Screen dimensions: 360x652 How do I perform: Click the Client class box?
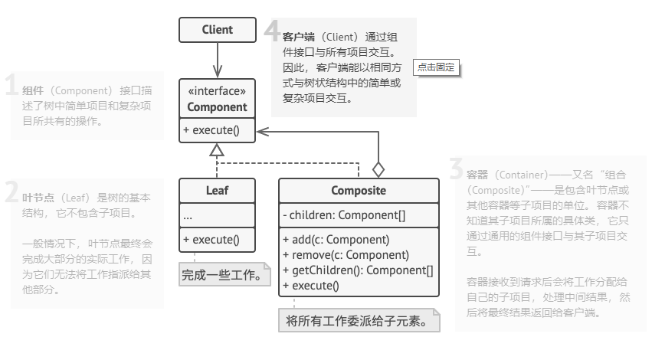pyautogui.click(x=217, y=30)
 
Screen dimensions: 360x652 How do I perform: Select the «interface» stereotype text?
pyautogui.click(x=217, y=91)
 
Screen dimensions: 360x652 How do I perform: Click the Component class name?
pyautogui.click(x=217, y=107)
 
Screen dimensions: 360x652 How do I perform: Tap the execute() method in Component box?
pyautogui.click(x=211, y=130)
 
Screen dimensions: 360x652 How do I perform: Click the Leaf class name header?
pyautogui.click(x=217, y=190)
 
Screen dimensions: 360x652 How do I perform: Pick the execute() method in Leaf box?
pyautogui.click(x=211, y=240)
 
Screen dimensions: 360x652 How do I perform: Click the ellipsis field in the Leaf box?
pyautogui.click(x=188, y=217)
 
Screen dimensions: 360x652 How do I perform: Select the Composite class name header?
pyautogui.click(x=359, y=190)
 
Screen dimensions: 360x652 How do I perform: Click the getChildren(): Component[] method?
pyautogui.click(x=358, y=270)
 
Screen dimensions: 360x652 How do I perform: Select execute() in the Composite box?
pyautogui.click(x=310, y=286)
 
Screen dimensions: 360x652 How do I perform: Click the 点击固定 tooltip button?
pyautogui.click(x=435, y=67)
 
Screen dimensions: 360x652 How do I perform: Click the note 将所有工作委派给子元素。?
pyautogui.click(x=358, y=320)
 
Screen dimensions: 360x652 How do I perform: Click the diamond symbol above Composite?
pyautogui.click(x=378, y=169)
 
